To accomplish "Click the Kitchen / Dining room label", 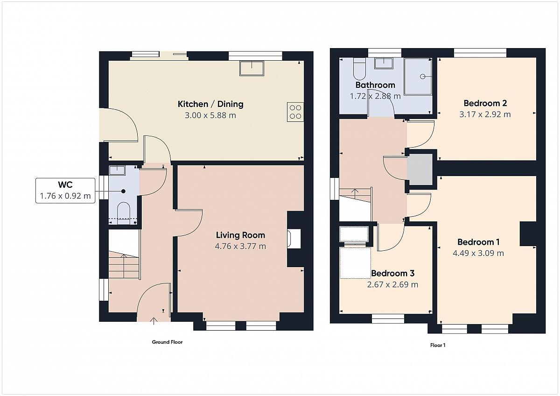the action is click(210, 104).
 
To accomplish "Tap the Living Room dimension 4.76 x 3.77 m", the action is click(240, 246).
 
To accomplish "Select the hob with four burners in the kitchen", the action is click(295, 112).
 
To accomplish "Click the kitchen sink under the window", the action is click(252, 68).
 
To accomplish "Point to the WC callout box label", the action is click(65, 184).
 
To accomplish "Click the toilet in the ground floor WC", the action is click(124, 213).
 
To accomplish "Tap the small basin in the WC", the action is click(117, 170).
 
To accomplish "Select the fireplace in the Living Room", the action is click(294, 239).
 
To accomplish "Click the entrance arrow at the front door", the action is click(154, 321).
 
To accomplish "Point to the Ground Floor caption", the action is click(167, 342).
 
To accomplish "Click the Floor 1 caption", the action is click(438, 345).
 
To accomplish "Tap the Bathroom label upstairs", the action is click(375, 85).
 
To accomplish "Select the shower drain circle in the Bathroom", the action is click(422, 76).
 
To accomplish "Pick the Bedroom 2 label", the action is click(485, 103).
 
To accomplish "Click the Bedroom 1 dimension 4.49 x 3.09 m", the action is click(478, 253).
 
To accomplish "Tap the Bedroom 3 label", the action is click(393, 273).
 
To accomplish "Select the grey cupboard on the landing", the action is click(420, 170).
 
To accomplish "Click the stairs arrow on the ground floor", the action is click(124, 266).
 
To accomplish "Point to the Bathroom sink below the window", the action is click(384, 64).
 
